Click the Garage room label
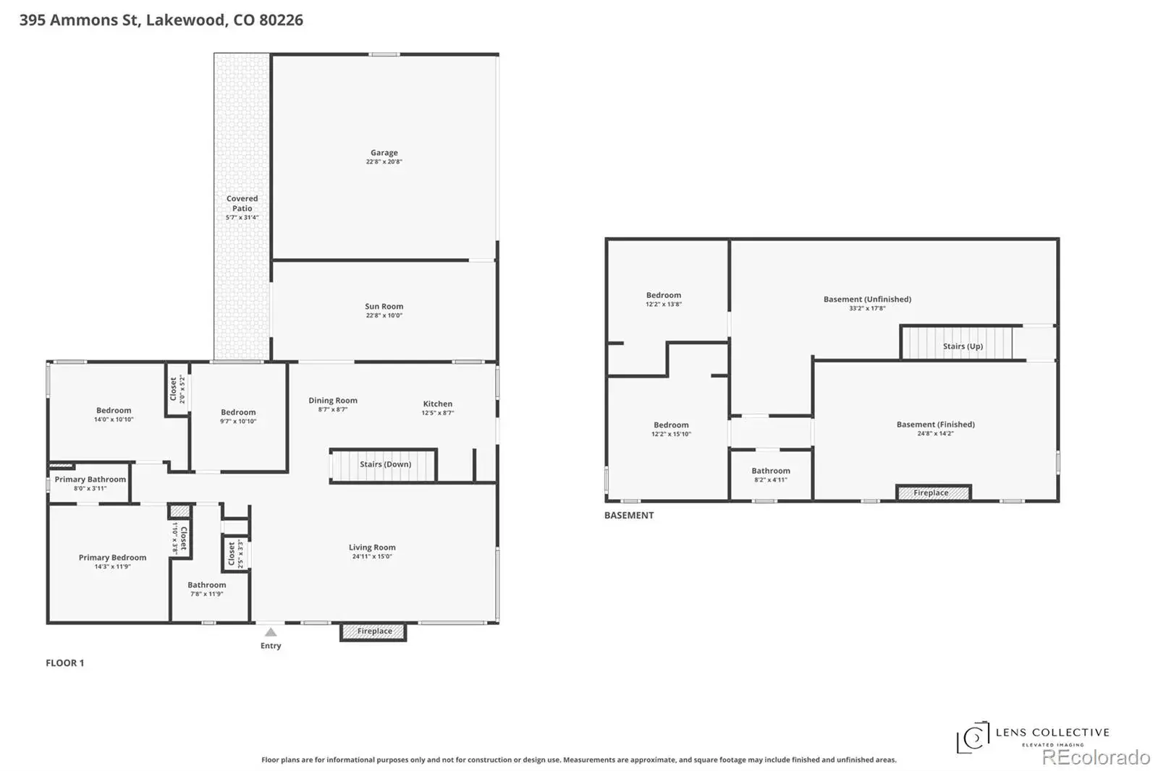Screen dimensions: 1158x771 point(384,153)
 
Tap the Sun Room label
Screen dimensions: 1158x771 point(384,306)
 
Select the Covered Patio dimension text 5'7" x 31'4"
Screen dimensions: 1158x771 point(242,218)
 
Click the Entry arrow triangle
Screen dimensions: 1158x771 point(271,632)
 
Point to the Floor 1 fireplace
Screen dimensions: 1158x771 point(373,631)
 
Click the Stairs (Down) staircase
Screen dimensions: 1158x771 point(383,465)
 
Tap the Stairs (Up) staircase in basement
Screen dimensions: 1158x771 point(957,343)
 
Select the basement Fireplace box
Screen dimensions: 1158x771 point(933,493)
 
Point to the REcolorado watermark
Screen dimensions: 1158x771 point(1096,757)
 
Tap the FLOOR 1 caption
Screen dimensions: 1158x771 point(64,663)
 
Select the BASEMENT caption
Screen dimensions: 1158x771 point(629,515)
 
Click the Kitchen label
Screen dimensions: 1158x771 point(437,404)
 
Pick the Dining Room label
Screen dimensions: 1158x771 point(333,400)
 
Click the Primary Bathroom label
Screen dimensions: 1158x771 point(90,479)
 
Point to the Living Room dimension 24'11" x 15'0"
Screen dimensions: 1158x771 point(372,556)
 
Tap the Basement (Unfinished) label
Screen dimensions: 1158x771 point(868,299)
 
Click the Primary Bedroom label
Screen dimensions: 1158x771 point(112,557)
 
